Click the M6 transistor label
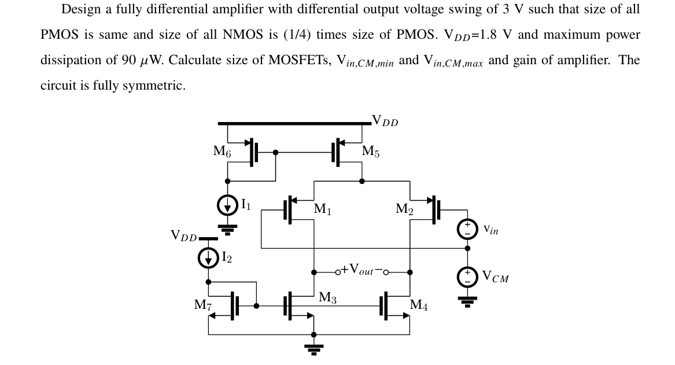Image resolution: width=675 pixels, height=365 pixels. click(x=222, y=152)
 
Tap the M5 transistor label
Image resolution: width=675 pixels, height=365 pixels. click(x=371, y=152)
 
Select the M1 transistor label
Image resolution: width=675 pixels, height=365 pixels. click(x=323, y=209)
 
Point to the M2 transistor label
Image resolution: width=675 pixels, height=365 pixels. click(x=404, y=209)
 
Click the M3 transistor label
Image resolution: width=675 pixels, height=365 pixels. click(x=327, y=298)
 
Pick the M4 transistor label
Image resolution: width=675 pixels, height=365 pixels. click(x=419, y=305)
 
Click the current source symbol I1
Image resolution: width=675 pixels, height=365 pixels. click(x=228, y=205)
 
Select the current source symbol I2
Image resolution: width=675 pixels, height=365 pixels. click(x=208, y=258)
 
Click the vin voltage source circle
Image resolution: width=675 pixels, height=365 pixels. click(x=467, y=230)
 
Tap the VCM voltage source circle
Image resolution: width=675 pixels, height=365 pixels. click(x=467, y=278)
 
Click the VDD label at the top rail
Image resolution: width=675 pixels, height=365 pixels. click(x=385, y=121)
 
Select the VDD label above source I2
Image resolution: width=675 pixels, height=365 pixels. click(x=183, y=235)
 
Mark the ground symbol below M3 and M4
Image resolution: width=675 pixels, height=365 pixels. click(x=314, y=347)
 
